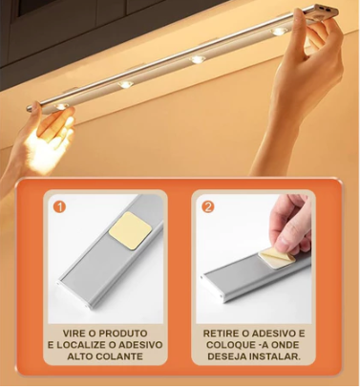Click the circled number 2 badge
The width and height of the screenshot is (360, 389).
click(207, 205)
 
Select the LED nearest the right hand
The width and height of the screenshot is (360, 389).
click(278, 32)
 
